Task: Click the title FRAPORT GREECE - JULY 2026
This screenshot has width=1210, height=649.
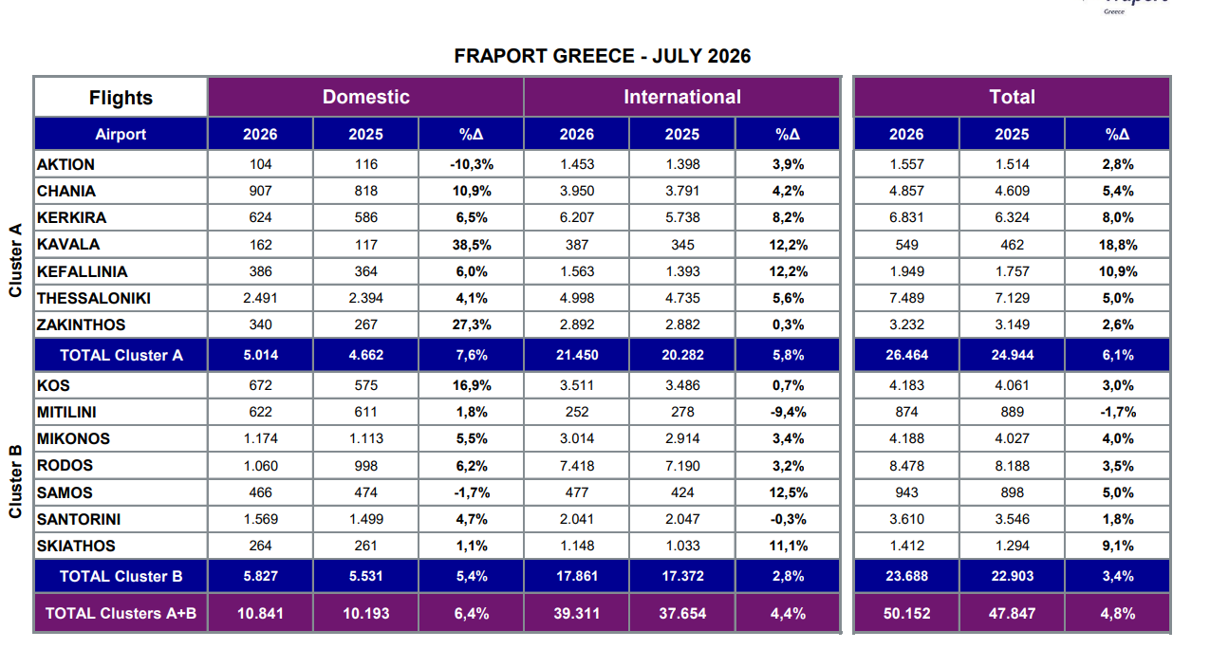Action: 603,56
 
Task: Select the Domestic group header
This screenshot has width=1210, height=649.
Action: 365,97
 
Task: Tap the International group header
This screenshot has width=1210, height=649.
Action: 682,97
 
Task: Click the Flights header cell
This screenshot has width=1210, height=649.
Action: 121,98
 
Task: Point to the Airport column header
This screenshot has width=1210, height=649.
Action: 121,134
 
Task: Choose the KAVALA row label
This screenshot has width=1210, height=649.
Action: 68,244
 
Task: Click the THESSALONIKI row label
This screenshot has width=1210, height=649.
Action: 93,298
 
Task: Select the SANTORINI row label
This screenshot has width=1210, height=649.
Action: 79,519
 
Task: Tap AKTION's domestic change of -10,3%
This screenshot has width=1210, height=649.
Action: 472,164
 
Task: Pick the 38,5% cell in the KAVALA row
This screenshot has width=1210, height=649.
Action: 472,245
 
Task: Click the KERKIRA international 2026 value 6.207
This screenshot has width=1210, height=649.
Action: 577,217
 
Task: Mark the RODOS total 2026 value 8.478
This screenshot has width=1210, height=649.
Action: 906,466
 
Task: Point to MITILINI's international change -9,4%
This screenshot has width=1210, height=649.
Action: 788,412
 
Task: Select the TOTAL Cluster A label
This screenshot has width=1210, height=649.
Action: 121,355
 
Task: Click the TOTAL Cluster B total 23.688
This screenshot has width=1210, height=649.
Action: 906,576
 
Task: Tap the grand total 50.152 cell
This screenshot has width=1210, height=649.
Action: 906,613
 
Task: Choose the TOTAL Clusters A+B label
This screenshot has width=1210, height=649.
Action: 121,613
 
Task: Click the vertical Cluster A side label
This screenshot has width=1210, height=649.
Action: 15,260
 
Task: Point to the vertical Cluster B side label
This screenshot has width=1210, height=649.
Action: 15,482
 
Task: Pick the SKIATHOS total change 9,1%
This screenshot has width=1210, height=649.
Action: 1118,546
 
